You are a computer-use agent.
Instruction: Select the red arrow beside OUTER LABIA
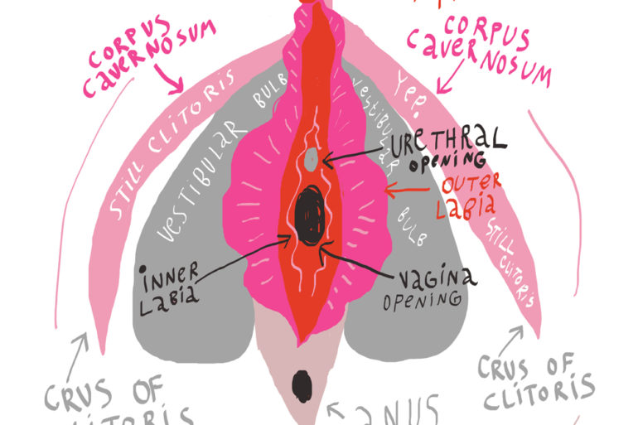click(x=409, y=191)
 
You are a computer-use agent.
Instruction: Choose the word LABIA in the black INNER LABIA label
click(x=169, y=295)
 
